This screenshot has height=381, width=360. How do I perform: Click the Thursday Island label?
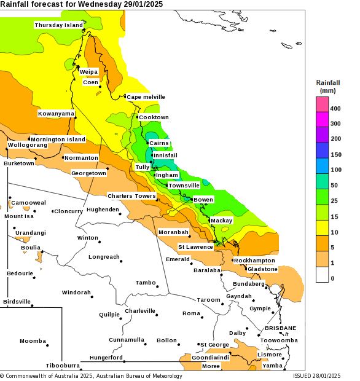[58, 25]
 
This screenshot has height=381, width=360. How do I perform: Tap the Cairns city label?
[158, 143]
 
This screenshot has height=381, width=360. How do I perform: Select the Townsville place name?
[184, 186]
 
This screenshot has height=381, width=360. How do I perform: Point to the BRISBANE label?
[280, 328]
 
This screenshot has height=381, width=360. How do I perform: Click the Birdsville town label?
[17, 302]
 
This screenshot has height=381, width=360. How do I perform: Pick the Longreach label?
[104, 257]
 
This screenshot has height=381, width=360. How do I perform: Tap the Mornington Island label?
[58, 139]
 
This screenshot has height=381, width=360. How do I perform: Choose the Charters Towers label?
[131, 196]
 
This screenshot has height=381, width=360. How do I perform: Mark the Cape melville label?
[146, 97]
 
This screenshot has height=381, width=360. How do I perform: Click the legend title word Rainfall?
[328, 82]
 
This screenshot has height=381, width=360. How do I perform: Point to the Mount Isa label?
[19, 216]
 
